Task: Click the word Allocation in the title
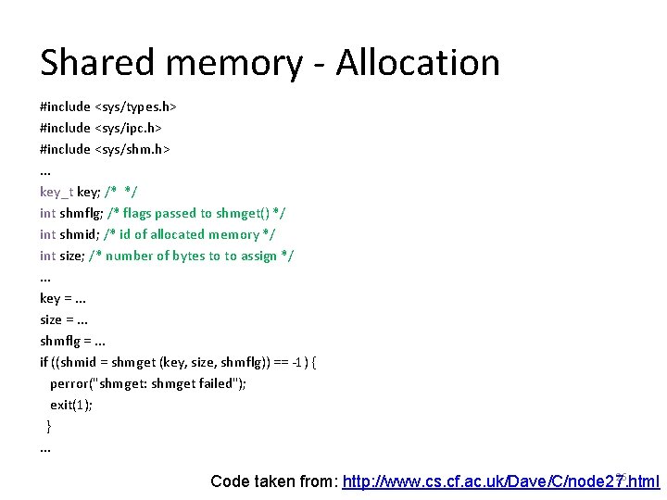pos(418,63)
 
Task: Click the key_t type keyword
pos(57,192)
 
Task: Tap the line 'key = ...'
pos(63,298)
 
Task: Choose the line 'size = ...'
pos(64,319)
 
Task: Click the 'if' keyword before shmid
pos(44,362)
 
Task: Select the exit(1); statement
pos(71,405)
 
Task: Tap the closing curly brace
pos(49,426)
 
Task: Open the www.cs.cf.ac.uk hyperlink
pos(500,481)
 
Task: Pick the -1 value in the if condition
pos(296,362)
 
